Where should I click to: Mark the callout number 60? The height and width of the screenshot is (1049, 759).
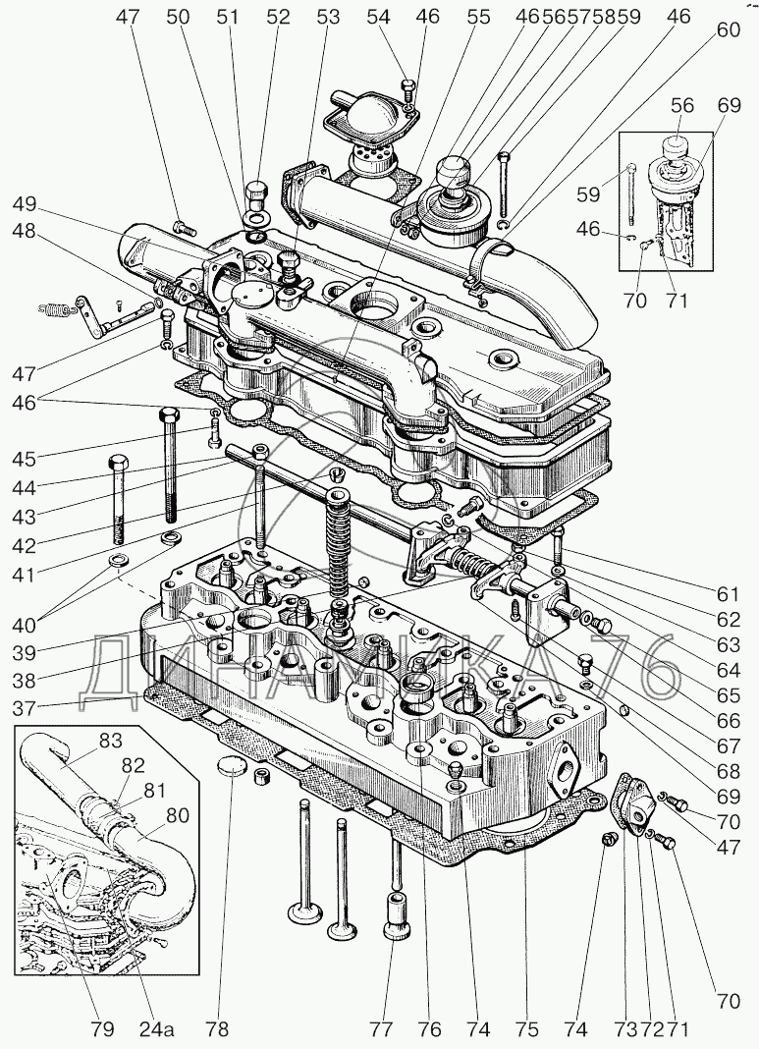729,29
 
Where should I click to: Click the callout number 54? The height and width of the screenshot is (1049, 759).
380,17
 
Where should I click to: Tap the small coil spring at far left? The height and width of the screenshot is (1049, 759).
56,308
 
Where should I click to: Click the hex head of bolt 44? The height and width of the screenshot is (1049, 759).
116,463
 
